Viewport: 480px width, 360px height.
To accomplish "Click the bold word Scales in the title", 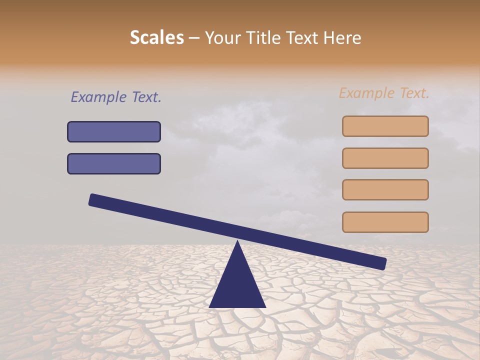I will pos(156,37).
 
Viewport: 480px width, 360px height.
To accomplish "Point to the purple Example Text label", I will pos(116,97).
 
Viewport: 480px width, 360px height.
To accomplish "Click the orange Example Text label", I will pos(384,93).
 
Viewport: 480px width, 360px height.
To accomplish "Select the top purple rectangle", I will pos(114,131).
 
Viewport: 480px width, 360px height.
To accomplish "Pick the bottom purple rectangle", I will pos(114,163).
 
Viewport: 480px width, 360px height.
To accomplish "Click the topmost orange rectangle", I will pos(385,126).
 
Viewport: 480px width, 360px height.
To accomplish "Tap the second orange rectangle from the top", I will pos(385,158).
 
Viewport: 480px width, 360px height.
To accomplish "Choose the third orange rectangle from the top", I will pos(385,189).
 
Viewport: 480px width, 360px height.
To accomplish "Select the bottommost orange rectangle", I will pos(385,222).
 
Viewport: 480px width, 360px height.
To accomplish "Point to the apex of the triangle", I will pos(237,241).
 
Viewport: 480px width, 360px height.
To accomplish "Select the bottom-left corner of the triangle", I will pos(210,306).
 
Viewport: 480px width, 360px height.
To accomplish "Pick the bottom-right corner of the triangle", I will pos(265,306).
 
